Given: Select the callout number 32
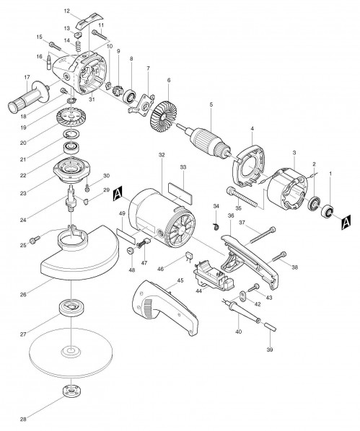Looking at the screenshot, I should point(162,156).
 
